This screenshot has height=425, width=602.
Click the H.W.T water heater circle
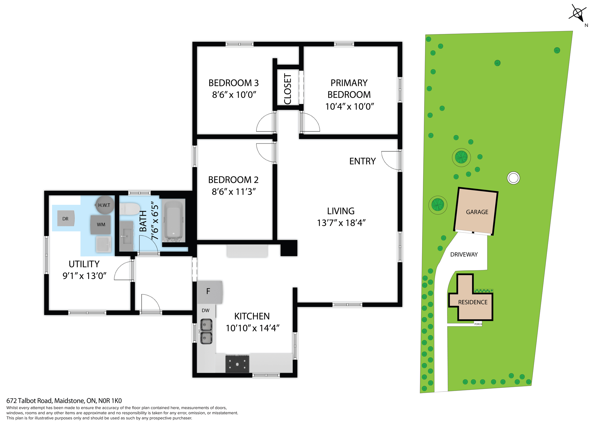point(104,205)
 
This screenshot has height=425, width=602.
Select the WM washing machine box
point(101,225)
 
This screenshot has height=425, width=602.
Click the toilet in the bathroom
point(130,209)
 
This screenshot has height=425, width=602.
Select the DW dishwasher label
point(205,311)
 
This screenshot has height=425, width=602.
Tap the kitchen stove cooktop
point(237,364)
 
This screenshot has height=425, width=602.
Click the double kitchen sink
point(206,332)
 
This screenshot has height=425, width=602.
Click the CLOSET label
point(288,89)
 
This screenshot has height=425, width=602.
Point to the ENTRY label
point(362,161)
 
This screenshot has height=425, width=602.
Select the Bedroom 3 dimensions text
point(234,95)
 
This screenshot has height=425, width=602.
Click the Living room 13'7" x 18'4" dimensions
point(341,223)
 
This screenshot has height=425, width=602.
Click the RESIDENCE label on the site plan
point(473,302)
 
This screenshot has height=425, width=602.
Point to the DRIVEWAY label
point(464,255)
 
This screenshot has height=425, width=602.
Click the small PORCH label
point(478,324)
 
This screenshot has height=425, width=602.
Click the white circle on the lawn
point(513,178)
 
